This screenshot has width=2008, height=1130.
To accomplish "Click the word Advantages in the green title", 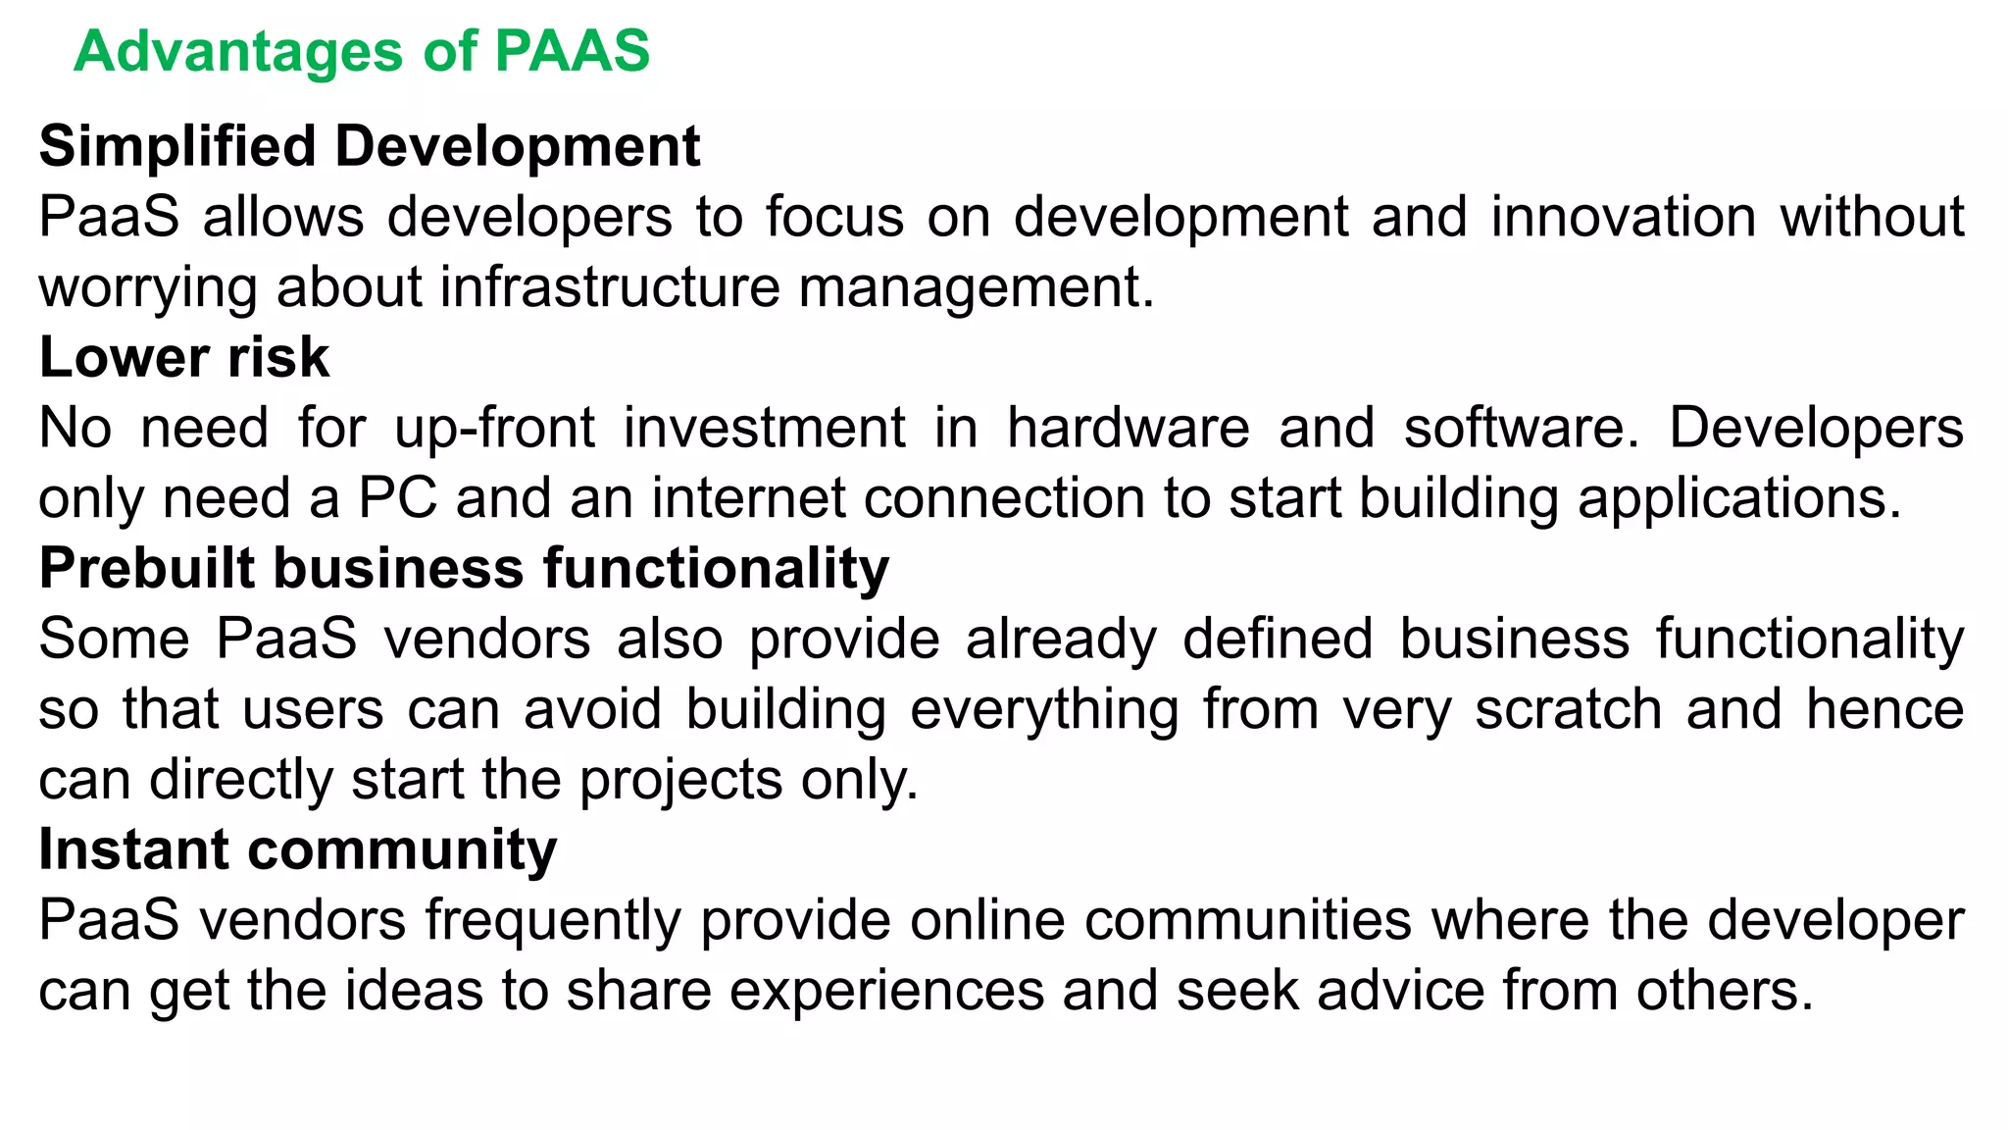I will coord(238,51).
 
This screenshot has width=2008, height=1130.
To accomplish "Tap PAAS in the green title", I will coord(572,51).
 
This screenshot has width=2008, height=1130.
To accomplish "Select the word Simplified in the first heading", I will coord(177,146).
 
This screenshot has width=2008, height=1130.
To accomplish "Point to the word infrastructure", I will coord(610,287).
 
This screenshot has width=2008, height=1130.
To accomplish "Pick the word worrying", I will coord(147,287).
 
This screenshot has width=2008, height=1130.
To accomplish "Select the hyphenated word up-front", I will coord(494,428).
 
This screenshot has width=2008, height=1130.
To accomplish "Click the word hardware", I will coord(1129,428).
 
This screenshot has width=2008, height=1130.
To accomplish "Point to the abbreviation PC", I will coord(397,498).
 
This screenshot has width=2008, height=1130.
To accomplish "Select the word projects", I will coord(680,780).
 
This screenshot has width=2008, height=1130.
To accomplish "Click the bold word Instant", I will coord(133,849).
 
